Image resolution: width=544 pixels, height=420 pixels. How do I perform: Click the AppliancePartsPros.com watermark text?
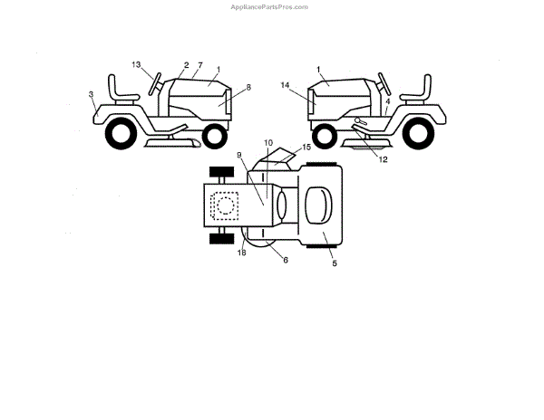(x=269, y=6)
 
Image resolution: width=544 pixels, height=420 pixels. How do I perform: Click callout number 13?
(x=137, y=64)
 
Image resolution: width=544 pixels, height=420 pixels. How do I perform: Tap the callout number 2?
(x=186, y=65)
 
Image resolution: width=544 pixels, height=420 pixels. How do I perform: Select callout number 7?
(x=199, y=65)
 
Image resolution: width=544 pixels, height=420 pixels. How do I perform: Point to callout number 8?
(x=248, y=87)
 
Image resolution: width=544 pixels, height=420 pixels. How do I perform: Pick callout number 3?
(x=92, y=93)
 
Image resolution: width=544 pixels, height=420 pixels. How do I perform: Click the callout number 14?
(x=285, y=85)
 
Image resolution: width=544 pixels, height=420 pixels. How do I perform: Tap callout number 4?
(x=387, y=102)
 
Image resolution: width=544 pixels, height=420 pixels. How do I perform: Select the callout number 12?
(x=383, y=160)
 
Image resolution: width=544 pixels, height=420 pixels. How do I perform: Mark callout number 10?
(x=267, y=143)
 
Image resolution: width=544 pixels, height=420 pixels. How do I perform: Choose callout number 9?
(x=240, y=155)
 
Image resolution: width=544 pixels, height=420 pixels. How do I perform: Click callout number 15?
(x=306, y=146)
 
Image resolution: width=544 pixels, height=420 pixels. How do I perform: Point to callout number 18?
(x=242, y=253)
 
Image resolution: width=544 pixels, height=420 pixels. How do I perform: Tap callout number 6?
(x=285, y=260)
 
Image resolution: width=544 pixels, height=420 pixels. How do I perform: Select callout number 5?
(x=333, y=262)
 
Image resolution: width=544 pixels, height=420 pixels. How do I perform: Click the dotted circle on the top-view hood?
(x=224, y=205)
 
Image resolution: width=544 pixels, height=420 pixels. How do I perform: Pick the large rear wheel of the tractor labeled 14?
(x=416, y=135)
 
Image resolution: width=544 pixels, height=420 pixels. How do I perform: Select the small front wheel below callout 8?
(x=214, y=137)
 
